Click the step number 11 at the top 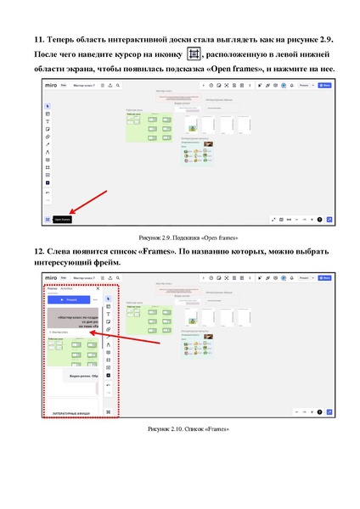[38, 40]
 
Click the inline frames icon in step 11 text [194, 54]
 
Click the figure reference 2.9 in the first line [319, 40]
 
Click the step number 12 [38, 252]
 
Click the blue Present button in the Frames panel [71, 299]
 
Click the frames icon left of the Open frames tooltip [48, 219]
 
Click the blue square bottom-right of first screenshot [329, 219]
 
